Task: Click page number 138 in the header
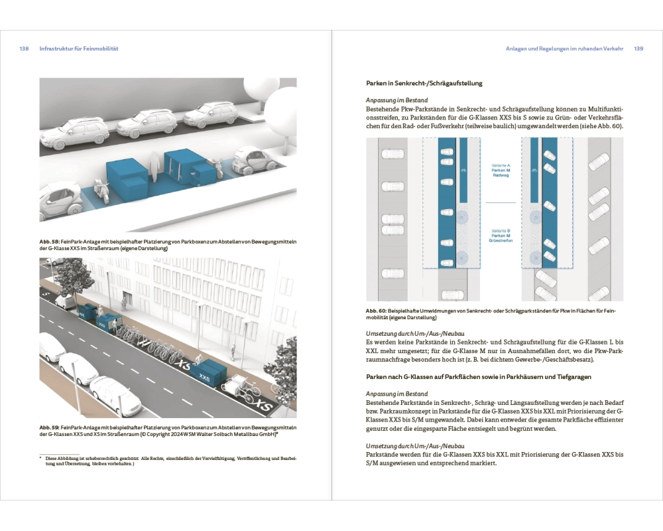(x=24, y=48)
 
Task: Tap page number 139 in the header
(x=639, y=48)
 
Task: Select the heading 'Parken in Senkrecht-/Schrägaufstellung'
(x=424, y=84)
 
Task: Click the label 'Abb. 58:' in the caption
(x=50, y=242)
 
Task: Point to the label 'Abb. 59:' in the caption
(x=50, y=427)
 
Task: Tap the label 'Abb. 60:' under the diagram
(x=377, y=311)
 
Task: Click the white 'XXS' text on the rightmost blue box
(x=204, y=378)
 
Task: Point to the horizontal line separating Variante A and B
(x=501, y=202)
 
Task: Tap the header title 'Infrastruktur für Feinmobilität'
(x=79, y=48)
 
